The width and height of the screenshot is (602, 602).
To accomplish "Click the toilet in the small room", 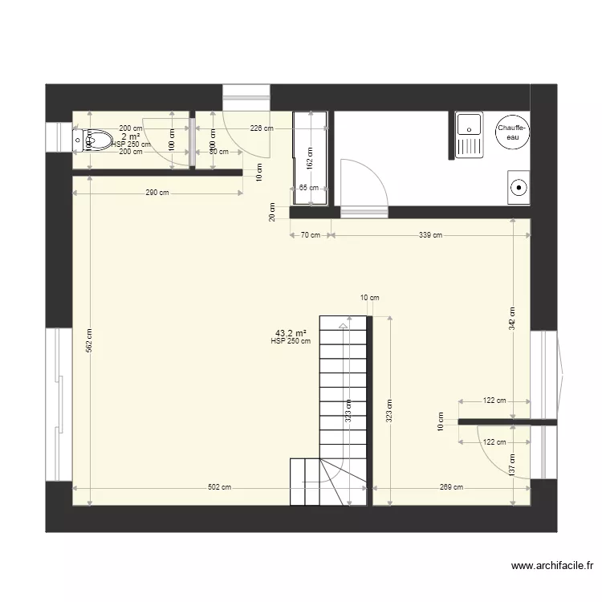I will coord(95,140).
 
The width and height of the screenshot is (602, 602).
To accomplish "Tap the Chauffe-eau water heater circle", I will coord(511,132).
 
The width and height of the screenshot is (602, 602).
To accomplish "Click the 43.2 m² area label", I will coord(291,332).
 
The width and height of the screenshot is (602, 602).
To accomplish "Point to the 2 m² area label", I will coord(131,136).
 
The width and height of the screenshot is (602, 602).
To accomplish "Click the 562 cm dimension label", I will coord(90,342).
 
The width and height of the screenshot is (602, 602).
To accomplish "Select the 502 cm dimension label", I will coord(219,487).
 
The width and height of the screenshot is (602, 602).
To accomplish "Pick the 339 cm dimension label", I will coord(430,235).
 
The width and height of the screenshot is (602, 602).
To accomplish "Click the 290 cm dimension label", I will coord(157,192).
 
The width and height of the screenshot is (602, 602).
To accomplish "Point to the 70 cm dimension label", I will coord(311,235).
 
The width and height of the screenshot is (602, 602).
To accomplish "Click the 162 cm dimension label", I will coord(311,157).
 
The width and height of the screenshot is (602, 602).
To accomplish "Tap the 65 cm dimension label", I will coord(308,188).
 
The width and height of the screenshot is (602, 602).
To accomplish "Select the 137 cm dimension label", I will coord(513,463).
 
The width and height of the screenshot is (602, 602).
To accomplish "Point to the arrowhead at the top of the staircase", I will coord(344,325).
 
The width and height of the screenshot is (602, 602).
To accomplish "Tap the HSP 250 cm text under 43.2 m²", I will coord(291,341).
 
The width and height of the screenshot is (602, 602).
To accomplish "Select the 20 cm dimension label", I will coord(271,213).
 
